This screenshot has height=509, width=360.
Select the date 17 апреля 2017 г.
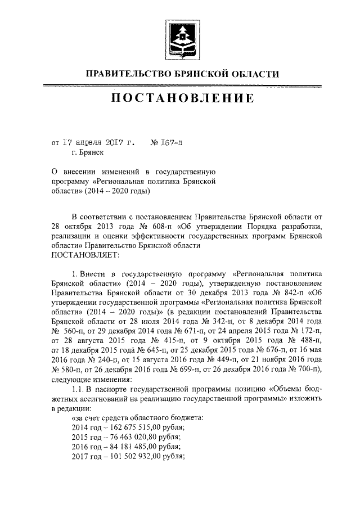click(x=93, y=143)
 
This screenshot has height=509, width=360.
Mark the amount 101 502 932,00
click(x=127, y=456)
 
